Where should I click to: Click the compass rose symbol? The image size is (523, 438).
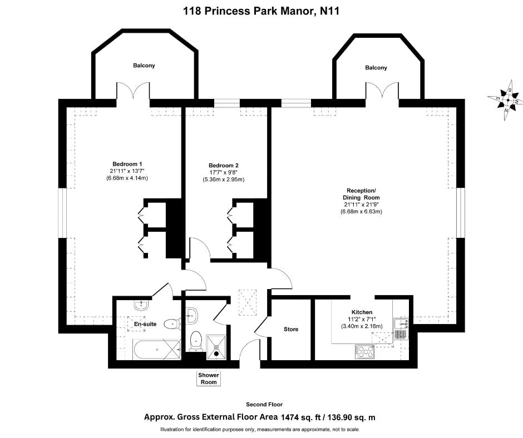click(506, 99)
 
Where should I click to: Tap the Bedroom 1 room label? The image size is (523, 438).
click(127, 164)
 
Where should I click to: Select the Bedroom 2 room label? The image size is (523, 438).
click(224, 165)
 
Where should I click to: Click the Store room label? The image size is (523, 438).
click(291, 329)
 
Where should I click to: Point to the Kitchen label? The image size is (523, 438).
click(362, 312)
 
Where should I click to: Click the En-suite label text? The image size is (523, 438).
click(145, 323)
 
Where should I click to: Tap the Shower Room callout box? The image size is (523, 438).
click(209, 379)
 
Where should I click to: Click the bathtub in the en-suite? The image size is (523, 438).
click(157, 350)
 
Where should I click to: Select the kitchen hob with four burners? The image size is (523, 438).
click(365, 352)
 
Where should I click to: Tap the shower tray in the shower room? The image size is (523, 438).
click(216, 347)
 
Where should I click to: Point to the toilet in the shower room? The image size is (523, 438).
click(195, 341)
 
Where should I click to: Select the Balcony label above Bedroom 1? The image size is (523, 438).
click(144, 66)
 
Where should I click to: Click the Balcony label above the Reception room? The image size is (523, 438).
click(376, 68)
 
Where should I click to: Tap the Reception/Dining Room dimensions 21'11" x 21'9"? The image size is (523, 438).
click(362, 205)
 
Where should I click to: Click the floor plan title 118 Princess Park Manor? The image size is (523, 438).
click(249, 11)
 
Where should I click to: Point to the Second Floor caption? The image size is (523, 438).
click(264, 404)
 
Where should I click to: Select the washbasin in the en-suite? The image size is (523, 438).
click(141, 305)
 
